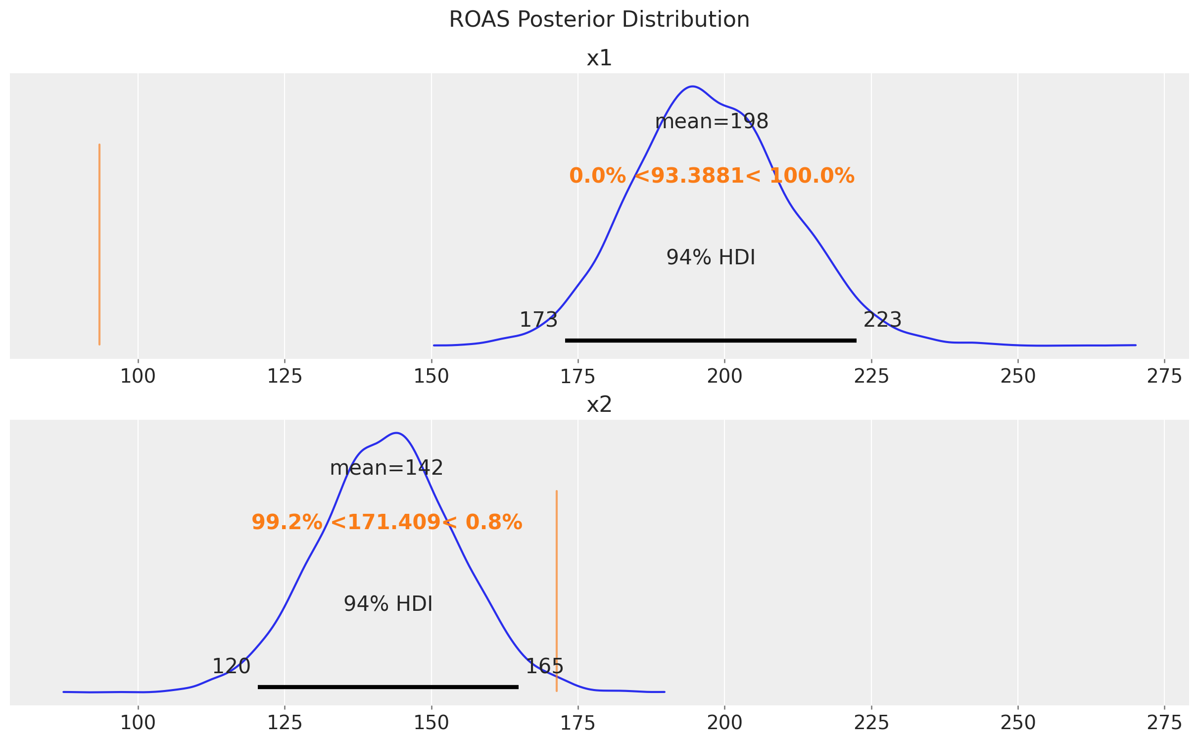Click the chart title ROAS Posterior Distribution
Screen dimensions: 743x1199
(599, 20)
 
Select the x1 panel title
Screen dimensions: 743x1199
(599, 58)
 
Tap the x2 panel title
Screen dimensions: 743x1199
(599, 405)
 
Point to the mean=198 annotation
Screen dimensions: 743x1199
(712, 122)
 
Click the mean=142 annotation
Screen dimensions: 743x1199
(386, 468)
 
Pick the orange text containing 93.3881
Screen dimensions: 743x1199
(712, 176)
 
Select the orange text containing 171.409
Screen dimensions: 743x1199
(386, 523)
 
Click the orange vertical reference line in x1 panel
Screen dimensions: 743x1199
(99, 245)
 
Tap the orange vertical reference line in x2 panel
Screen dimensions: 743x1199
(557, 591)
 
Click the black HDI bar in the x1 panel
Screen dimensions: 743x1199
(711, 341)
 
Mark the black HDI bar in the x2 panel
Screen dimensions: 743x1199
(388, 687)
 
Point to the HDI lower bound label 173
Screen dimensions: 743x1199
(538, 320)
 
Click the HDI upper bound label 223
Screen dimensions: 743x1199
(882, 320)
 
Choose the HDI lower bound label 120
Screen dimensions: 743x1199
(231, 667)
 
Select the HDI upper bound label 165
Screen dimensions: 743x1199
(544, 667)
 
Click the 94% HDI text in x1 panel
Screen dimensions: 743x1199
(711, 258)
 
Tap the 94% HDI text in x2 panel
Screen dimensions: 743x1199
(388, 604)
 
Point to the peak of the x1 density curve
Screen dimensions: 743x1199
(692, 87)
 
